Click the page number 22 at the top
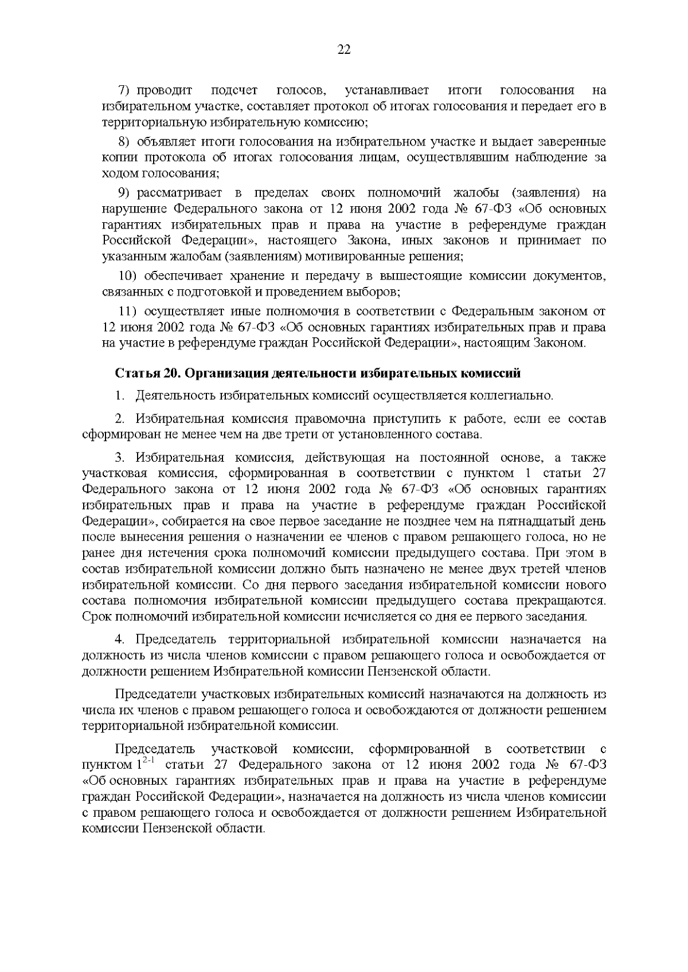(x=343, y=49)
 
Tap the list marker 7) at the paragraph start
(x=126, y=90)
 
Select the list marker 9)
(x=126, y=192)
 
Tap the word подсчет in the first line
(x=234, y=90)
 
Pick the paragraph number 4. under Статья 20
(x=120, y=639)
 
